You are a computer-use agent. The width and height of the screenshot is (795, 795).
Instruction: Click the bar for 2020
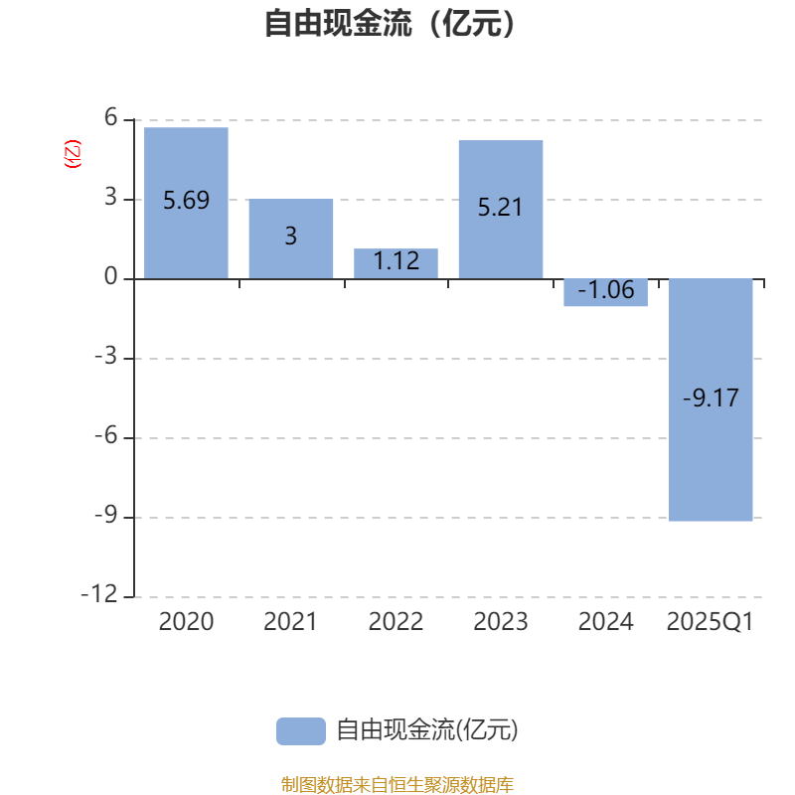186,203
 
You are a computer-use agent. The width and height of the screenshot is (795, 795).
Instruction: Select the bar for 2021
291,238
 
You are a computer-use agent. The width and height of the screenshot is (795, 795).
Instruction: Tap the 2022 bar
396,263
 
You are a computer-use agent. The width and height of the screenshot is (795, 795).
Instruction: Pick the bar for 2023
501,210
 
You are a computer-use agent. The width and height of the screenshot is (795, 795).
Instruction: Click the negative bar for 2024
606,292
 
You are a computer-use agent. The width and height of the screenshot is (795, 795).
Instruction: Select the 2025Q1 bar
711,400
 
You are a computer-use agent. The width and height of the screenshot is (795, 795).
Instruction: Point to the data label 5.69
186,201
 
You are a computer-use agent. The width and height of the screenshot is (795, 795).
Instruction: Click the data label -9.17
711,398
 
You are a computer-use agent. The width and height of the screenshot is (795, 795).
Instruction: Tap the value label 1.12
396,261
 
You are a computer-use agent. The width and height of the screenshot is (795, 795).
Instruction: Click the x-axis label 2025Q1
710,622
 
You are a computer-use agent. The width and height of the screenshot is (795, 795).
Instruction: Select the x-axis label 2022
396,622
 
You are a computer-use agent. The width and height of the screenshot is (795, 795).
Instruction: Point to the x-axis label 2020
186,622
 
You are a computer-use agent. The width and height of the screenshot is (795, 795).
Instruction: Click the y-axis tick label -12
99,594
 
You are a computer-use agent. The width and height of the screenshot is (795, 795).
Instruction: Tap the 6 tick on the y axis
111,117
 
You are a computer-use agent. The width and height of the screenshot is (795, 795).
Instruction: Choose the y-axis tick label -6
106,435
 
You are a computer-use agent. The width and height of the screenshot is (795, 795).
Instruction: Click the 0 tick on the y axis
111,277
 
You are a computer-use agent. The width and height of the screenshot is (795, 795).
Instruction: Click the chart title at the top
390,23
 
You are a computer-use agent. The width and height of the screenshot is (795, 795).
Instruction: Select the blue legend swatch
301,731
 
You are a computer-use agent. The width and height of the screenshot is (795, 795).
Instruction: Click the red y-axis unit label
73,154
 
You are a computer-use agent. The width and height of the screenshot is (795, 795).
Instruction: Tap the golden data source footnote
397,784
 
